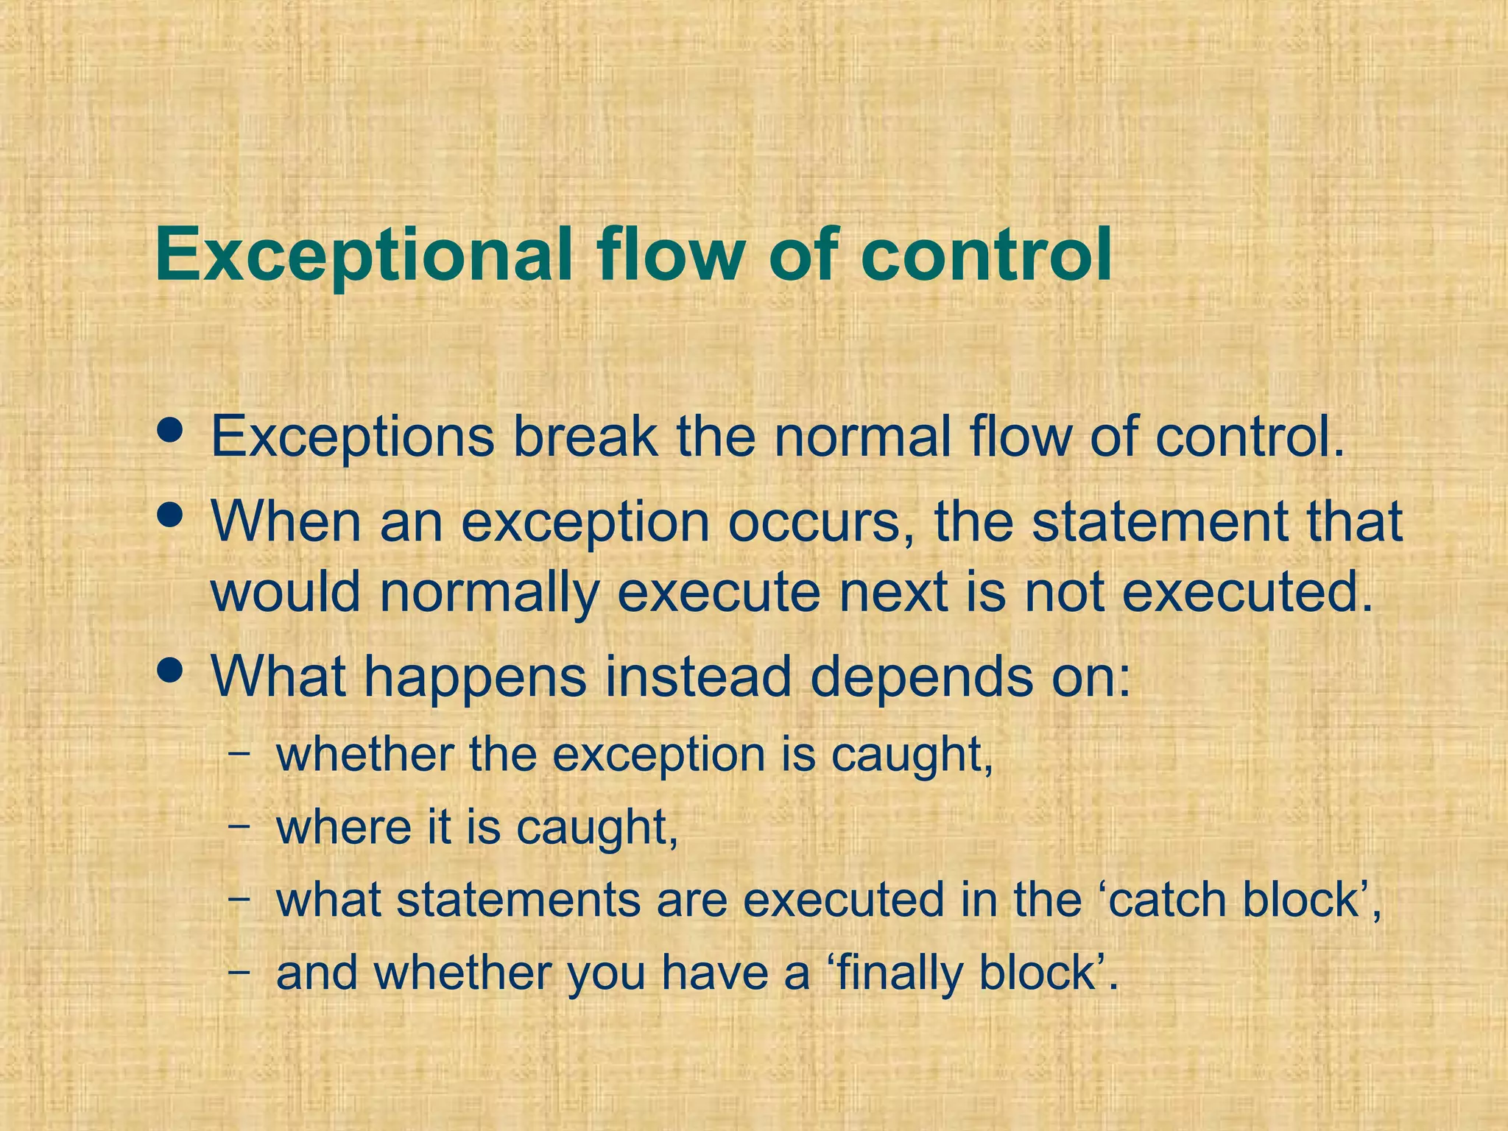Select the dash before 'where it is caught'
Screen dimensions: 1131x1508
pyautogui.click(x=239, y=825)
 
